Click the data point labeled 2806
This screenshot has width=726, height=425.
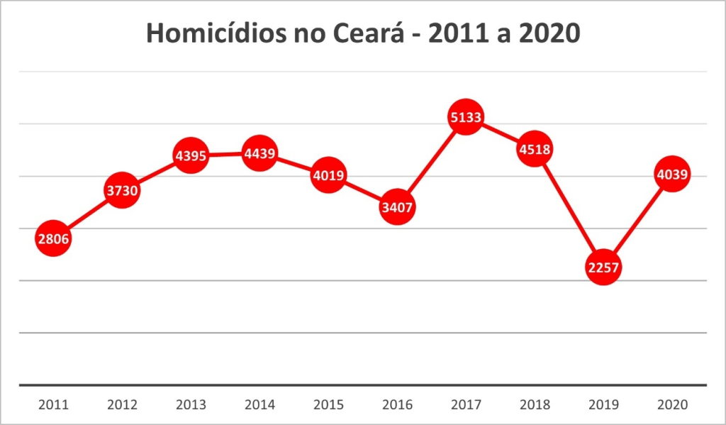(x=54, y=238)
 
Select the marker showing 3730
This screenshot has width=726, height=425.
(x=123, y=190)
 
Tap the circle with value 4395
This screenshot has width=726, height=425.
(x=191, y=155)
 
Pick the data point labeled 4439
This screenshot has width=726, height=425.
(x=259, y=153)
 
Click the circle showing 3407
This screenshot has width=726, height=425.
(x=397, y=207)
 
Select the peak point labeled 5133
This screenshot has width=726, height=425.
(x=466, y=118)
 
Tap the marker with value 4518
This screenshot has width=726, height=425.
(x=534, y=149)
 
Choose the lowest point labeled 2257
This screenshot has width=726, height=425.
(x=603, y=267)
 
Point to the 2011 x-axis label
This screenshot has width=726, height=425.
(x=54, y=405)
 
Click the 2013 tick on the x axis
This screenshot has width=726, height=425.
(x=191, y=405)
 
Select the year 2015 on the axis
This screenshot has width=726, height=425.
(x=328, y=405)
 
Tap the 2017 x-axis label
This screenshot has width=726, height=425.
(x=466, y=405)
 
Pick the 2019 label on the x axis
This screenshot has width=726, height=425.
(x=603, y=405)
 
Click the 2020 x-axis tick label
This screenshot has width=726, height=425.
(x=672, y=405)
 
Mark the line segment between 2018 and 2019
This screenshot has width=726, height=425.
(x=569, y=209)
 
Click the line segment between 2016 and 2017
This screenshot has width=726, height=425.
(x=431, y=162)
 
